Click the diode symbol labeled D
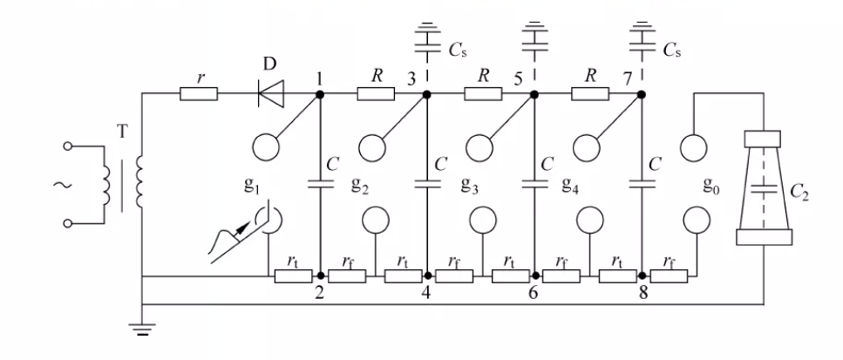pyautogui.click(x=270, y=94)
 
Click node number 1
pyautogui.click(x=320, y=78)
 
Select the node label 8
pyautogui.click(x=643, y=295)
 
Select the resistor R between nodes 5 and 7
pyautogui.click(x=588, y=94)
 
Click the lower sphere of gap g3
pyautogui.click(x=481, y=220)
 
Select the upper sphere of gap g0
pyautogui.click(x=694, y=146)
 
